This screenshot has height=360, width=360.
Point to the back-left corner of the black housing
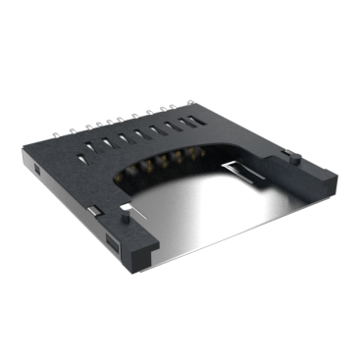coord(24,147)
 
